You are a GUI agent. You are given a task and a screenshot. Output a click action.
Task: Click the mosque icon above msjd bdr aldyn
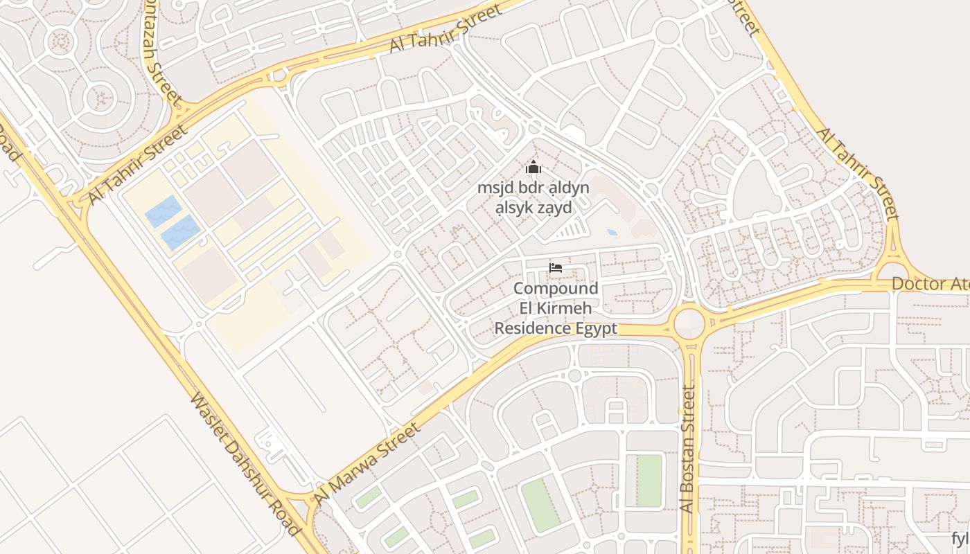click(533, 167)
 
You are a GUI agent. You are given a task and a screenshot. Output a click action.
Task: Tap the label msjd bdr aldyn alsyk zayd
click(533, 197)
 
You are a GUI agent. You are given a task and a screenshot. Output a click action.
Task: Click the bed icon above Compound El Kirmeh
click(555, 268)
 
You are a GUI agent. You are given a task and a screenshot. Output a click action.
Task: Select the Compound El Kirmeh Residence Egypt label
click(555, 308)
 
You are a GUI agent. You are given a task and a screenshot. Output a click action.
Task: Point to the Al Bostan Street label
click(687, 450)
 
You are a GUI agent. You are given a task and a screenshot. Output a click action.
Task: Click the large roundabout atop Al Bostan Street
click(688, 323)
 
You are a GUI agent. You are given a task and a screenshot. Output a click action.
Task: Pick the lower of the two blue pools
click(180, 233)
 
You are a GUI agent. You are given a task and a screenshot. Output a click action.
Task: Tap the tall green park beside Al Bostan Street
click(649, 481)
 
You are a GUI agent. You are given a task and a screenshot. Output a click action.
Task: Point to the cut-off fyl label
click(960, 539)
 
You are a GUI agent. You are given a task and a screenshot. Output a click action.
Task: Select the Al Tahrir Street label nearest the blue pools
click(137, 165)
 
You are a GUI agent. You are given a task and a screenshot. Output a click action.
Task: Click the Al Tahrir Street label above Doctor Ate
click(858, 173)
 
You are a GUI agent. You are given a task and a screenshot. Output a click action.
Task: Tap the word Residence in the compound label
click(533, 328)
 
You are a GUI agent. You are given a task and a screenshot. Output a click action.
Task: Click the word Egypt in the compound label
click(596, 328)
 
